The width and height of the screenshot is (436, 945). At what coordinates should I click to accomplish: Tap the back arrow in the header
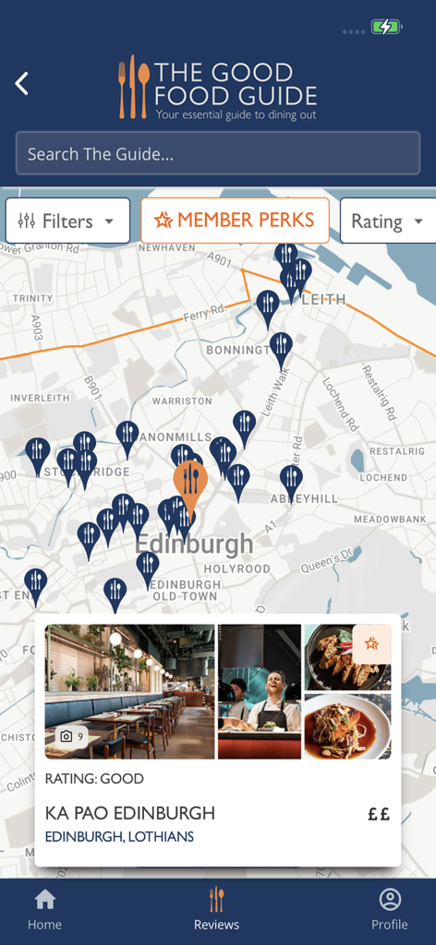point(22,84)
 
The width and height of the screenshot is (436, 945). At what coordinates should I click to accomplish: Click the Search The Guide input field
point(218,154)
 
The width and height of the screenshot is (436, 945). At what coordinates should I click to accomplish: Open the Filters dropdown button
point(67,221)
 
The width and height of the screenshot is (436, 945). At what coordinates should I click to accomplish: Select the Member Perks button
point(235,221)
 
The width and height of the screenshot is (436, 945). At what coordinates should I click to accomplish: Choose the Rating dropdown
point(387,221)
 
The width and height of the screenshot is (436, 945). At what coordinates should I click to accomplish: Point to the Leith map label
point(322,299)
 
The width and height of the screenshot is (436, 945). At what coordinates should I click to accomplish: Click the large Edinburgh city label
point(194,544)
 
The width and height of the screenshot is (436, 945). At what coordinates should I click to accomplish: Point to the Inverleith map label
point(40,398)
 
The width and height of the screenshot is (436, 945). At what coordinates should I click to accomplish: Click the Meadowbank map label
point(390,520)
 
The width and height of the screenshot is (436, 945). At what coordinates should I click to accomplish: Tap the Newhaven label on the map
point(166,248)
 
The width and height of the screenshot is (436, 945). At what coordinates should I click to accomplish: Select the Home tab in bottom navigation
point(44,909)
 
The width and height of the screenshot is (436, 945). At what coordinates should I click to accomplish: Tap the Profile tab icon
point(390,900)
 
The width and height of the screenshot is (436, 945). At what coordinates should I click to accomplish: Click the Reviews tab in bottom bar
point(217,909)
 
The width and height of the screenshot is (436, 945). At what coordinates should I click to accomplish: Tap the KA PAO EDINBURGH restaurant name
point(130,813)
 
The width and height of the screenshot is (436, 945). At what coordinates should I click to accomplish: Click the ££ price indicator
point(379,814)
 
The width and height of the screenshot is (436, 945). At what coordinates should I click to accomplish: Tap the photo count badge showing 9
point(71,736)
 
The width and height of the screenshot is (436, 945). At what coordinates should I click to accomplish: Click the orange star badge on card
point(371,644)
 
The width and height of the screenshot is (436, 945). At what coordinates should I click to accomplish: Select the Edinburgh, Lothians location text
point(119,837)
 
